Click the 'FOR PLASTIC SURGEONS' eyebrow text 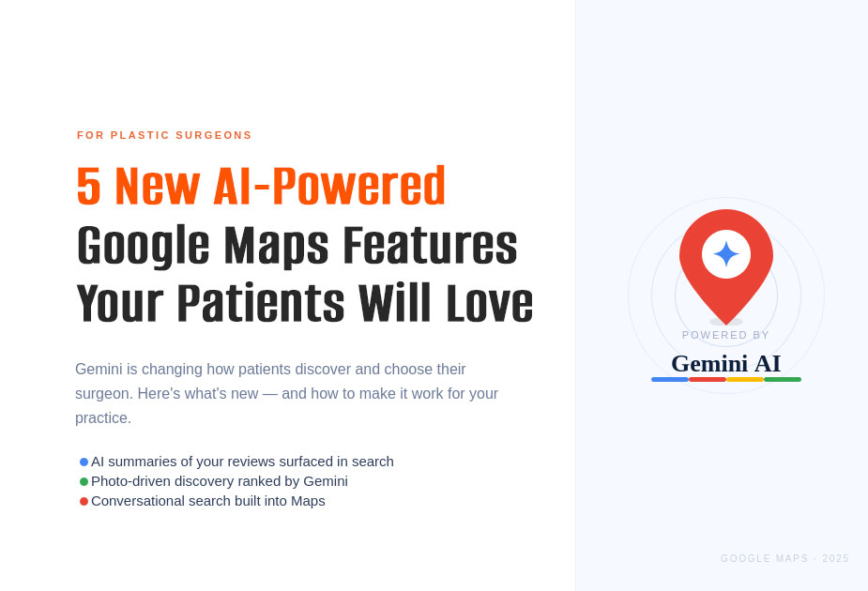[164, 135]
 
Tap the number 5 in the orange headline [88, 186]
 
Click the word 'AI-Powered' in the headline [329, 186]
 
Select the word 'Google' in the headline [143, 246]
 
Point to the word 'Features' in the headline [429, 246]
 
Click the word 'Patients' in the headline [260, 304]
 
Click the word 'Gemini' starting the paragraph [99, 370]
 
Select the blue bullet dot [84, 462]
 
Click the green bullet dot [84, 481]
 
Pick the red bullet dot [84, 501]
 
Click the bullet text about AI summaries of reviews [242, 462]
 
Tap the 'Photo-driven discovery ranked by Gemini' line [220, 481]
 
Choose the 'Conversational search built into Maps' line [208, 501]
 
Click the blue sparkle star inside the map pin [726, 253]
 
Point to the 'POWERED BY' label [726, 335]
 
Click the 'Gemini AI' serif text [726, 363]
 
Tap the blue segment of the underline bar [670, 379]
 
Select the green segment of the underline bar [783, 379]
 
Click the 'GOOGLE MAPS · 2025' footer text [784, 559]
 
